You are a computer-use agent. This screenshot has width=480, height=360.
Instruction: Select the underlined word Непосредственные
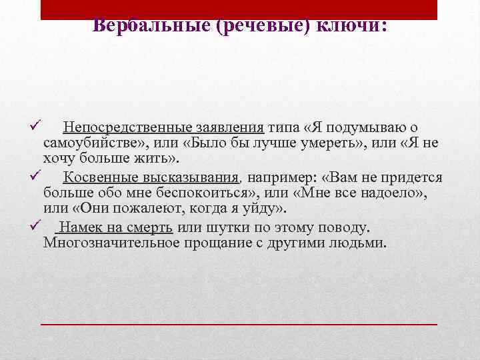click(x=118, y=127)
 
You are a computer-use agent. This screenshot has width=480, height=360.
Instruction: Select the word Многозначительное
click(x=114, y=243)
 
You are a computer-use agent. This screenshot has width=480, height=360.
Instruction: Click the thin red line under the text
click(x=239, y=323)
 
